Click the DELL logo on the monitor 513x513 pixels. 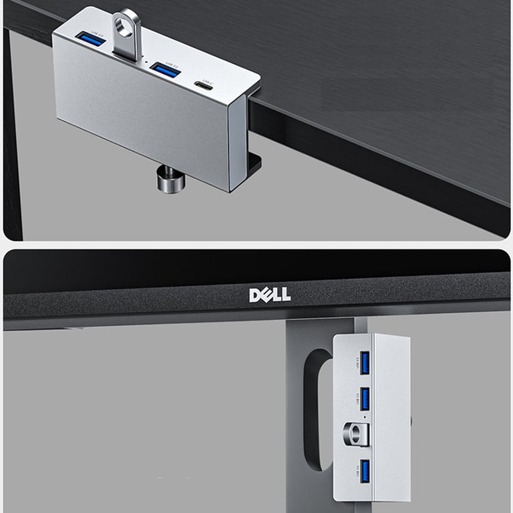point(270,295)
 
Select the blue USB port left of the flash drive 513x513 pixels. point(91,38)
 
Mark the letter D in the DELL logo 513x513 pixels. point(255,295)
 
